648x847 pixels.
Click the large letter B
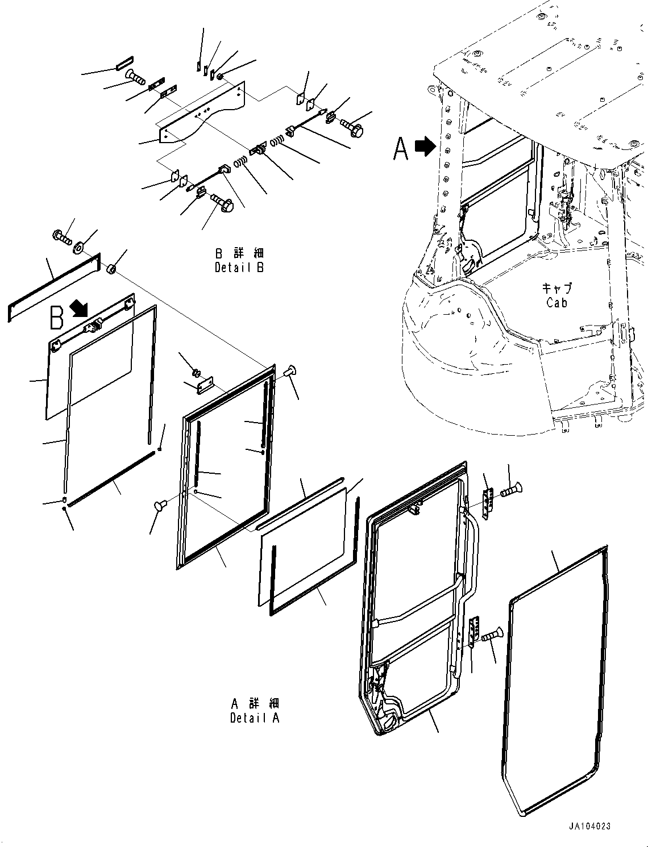56,318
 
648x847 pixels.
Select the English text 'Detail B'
239,267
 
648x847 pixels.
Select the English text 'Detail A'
255,717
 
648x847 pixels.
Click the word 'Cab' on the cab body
556,303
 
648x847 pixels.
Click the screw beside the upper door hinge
510,489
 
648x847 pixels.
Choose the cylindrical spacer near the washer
112,268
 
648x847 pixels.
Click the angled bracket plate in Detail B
202,113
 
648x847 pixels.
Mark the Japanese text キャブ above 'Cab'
556,289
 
